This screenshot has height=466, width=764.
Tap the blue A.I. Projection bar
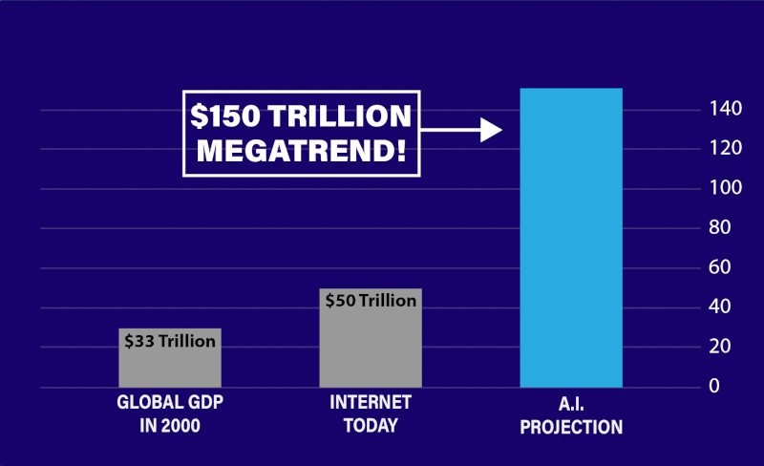[570, 239]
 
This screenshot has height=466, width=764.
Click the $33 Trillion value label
[170, 340]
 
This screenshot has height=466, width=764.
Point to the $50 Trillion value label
[371, 300]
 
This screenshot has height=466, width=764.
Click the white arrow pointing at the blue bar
[462, 130]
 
